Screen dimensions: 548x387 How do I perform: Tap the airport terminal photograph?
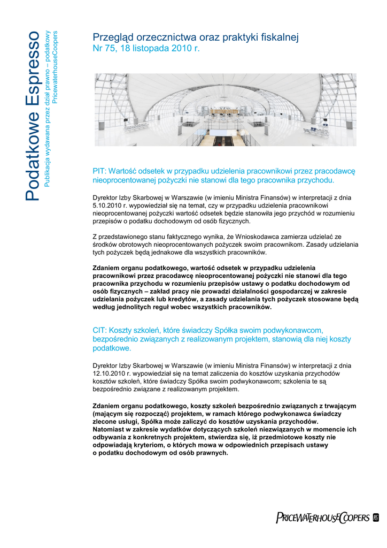pos(225,110)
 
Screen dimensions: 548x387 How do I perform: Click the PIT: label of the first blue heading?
pos(100,171)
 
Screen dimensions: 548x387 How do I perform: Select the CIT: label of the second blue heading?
pos(100,330)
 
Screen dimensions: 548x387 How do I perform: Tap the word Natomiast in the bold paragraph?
pos(110,429)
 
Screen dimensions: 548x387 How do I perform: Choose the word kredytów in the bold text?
pos(179,299)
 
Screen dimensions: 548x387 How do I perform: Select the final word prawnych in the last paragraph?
pos(213,453)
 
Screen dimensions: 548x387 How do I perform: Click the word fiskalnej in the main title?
pos(280,37)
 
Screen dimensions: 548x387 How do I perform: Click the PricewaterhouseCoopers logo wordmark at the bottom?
pos(322,517)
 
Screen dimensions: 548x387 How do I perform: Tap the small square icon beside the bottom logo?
pos(375,517)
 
